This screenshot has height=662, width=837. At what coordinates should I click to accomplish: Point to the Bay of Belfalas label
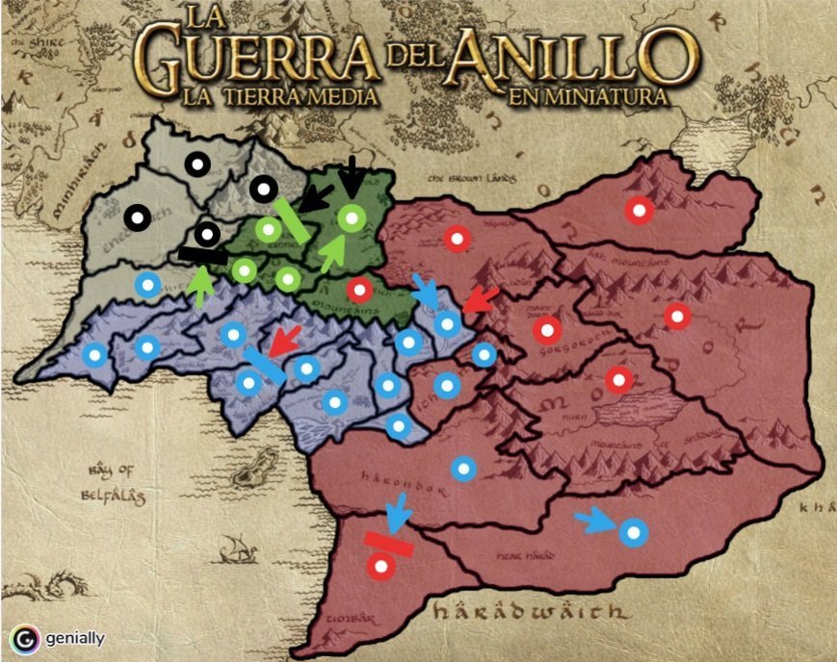[115, 483]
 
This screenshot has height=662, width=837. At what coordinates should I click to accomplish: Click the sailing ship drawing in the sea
[234, 550]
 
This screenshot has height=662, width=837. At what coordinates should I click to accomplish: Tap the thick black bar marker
[202, 256]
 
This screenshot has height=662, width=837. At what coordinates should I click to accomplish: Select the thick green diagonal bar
[291, 220]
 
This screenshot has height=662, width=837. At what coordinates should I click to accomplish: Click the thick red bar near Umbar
[389, 545]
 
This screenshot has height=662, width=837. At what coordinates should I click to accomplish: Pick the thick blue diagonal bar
[264, 366]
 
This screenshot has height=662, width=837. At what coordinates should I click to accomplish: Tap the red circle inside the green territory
[359, 288]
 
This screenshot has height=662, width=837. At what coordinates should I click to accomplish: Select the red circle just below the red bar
[379, 567]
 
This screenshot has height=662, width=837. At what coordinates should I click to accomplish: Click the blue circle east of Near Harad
[633, 531]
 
